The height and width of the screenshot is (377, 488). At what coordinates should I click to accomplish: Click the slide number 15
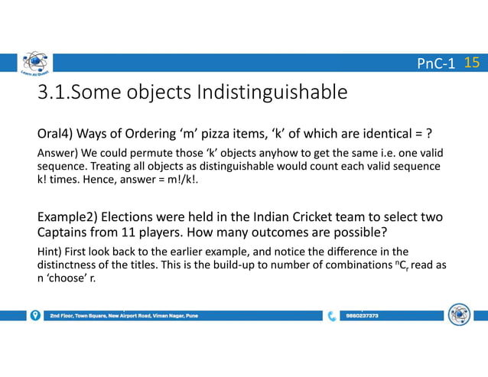[472, 63]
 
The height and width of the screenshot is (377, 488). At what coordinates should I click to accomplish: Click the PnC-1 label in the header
[436, 63]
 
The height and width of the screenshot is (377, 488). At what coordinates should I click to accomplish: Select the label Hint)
[50, 251]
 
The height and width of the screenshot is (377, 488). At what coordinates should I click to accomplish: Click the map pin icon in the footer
[35, 315]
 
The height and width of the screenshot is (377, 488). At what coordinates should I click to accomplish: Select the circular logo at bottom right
[459, 314]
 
